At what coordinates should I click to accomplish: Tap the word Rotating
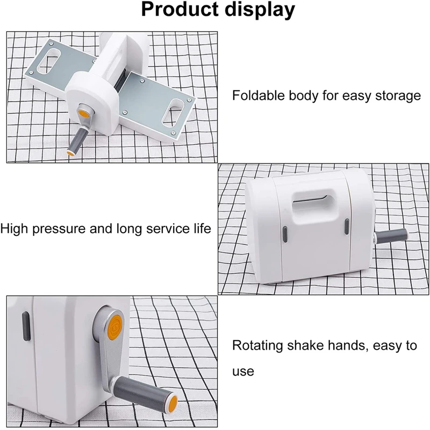[x=257, y=346]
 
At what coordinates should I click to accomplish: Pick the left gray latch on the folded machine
[x=284, y=233]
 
